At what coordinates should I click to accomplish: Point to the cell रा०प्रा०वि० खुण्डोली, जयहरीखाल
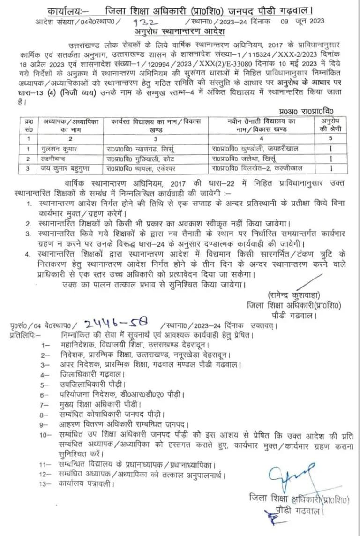coord(256,148)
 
